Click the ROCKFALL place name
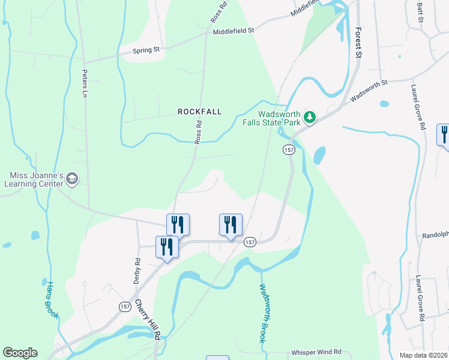[199, 112]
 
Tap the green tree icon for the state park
[310, 117]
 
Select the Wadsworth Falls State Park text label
[279, 118]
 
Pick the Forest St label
[358, 42]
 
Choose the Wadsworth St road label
[370, 90]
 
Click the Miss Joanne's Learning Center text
[36, 179]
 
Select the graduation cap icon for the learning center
[72, 178]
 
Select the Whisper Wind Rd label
[316, 352]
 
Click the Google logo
[20, 353]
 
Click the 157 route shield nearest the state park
[289, 149]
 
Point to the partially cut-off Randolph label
[435, 236]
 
